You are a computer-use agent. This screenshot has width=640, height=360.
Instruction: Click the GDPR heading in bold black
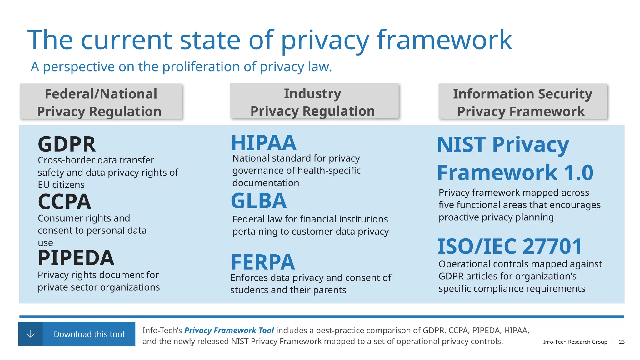pyautogui.click(x=67, y=144)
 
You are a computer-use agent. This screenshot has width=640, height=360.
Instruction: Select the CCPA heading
pyautogui.click(x=64, y=202)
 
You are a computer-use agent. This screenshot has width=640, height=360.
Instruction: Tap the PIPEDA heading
pyautogui.click(x=76, y=258)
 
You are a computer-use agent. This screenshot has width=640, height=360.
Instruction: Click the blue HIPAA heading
pyautogui.click(x=263, y=143)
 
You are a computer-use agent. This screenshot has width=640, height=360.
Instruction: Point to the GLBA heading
pyautogui.click(x=258, y=201)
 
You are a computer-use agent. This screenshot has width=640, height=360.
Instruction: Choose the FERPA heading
pyautogui.click(x=262, y=262)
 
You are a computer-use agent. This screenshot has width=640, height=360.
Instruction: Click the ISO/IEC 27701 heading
pyautogui.click(x=509, y=247)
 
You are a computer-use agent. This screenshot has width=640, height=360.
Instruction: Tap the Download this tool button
pyautogui.click(x=89, y=334)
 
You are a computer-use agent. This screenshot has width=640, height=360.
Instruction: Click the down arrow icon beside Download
pyautogui.click(x=31, y=334)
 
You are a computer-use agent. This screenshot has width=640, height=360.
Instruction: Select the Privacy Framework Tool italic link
pyautogui.click(x=229, y=331)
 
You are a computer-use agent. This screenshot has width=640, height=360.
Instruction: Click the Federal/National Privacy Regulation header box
pyautogui.click(x=101, y=102)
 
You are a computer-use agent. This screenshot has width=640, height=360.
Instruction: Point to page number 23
pyautogui.click(x=622, y=342)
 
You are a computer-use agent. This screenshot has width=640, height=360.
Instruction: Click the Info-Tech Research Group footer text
pyautogui.click(x=575, y=342)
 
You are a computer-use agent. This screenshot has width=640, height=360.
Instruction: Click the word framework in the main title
pyautogui.click(x=444, y=40)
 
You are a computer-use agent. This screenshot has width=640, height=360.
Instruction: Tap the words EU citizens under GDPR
pyautogui.click(x=61, y=185)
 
